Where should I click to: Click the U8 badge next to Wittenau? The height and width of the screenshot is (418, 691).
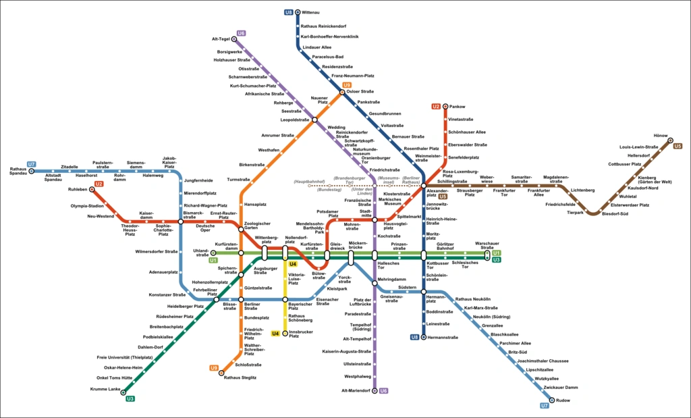pyautogui.click(x=289, y=12)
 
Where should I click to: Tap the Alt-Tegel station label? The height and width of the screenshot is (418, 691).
pyautogui.click(x=221, y=38)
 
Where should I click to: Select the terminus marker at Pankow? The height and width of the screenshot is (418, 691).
pyautogui.click(x=445, y=107)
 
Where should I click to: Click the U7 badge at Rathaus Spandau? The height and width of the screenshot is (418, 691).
pyautogui.click(x=31, y=164)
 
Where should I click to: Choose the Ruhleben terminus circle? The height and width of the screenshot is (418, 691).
pyautogui.click(x=92, y=189)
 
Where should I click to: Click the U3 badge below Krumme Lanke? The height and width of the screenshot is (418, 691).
pyautogui.click(x=130, y=399)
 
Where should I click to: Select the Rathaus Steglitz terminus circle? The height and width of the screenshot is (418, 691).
pyautogui.click(x=221, y=372)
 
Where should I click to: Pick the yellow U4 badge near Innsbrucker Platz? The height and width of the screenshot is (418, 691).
pyautogui.click(x=275, y=333)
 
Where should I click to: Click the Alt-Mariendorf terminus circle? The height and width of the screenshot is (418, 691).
pyautogui.click(x=375, y=390)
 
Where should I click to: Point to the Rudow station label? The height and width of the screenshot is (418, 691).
pyautogui.click(x=564, y=400)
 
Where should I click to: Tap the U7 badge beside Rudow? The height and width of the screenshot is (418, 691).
pyautogui.click(x=545, y=406)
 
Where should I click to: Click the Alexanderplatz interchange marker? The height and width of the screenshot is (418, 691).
pyautogui.click(x=424, y=185)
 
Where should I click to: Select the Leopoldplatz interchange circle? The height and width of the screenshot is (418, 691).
pyautogui.click(x=314, y=120)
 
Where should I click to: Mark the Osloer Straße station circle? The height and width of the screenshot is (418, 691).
pyautogui.click(x=342, y=92)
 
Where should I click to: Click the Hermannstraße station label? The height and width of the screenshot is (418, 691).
pyautogui.click(x=443, y=337)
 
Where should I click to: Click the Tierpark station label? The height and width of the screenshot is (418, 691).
pyautogui.click(x=575, y=212)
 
